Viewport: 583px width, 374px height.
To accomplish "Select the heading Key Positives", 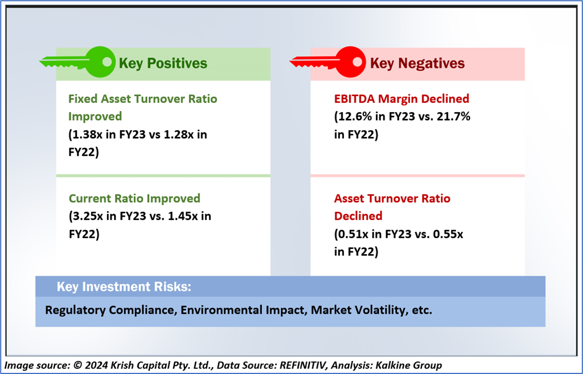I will [x=163, y=63].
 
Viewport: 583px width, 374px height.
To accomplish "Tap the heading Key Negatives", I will [x=417, y=63].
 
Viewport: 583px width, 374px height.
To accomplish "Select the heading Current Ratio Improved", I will [x=135, y=199].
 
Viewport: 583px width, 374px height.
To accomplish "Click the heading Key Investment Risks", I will [x=124, y=287].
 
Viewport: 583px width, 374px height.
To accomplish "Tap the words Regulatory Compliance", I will [x=101, y=311].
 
